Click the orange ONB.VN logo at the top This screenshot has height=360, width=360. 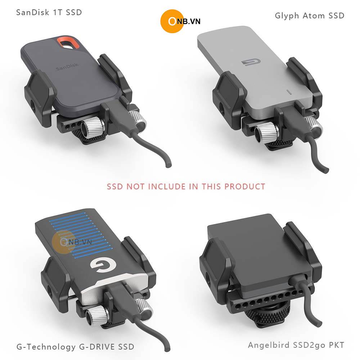pyautogui.click(x=180, y=21)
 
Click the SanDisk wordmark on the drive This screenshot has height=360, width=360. pyautogui.click(x=67, y=67)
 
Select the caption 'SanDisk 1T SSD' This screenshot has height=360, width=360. pyautogui.click(x=49, y=12)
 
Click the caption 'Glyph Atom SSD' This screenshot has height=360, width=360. pyautogui.click(x=310, y=16)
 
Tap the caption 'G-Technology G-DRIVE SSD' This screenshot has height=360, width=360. pyautogui.click(x=75, y=346)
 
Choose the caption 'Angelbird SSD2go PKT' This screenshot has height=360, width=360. pyautogui.click(x=296, y=345)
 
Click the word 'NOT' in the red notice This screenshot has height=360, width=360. pyautogui.click(x=135, y=186)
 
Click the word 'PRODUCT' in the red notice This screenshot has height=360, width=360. pyautogui.click(x=245, y=186)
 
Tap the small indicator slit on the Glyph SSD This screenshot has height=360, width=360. pyautogui.click(x=289, y=93)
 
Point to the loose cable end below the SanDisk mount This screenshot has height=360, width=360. pyautogui.click(x=169, y=164)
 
